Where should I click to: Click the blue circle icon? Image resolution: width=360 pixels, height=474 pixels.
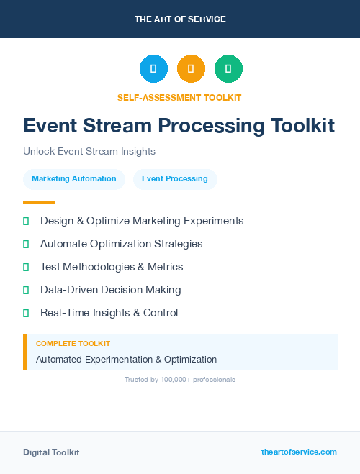(x=153, y=69)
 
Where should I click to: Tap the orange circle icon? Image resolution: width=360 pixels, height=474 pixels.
(x=191, y=69)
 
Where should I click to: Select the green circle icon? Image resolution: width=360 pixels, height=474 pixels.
(x=228, y=69)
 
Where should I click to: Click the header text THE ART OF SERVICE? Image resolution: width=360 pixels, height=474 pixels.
(x=180, y=19)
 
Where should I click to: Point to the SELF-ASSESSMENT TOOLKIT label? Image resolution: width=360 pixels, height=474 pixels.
(x=179, y=97)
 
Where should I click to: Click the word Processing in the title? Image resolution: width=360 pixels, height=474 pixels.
(x=212, y=126)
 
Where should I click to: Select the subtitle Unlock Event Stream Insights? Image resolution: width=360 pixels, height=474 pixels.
(x=89, y=152)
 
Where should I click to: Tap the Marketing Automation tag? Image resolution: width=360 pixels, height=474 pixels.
(x=74, y=178)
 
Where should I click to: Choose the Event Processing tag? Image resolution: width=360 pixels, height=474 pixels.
(x=175, y=178)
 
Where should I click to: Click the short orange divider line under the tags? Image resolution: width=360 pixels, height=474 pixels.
(x=39, y=201)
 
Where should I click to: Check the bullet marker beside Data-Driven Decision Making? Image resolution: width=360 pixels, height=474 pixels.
(x=26, y=290)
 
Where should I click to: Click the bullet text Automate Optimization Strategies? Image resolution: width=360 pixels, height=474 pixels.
(x=122, y=244)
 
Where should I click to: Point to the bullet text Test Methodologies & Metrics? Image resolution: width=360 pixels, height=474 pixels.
(x=112, y=267)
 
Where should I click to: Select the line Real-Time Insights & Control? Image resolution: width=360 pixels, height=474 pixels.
(x=109, y=313)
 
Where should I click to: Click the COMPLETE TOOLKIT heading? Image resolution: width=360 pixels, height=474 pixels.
(x=73, y=344)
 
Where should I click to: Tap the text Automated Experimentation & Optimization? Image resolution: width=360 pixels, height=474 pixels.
(x=126, y=359)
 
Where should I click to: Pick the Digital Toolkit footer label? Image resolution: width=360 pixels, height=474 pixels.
(x=51, y=452)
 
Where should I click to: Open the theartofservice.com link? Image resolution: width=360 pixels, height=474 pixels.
(x=299, y=452)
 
